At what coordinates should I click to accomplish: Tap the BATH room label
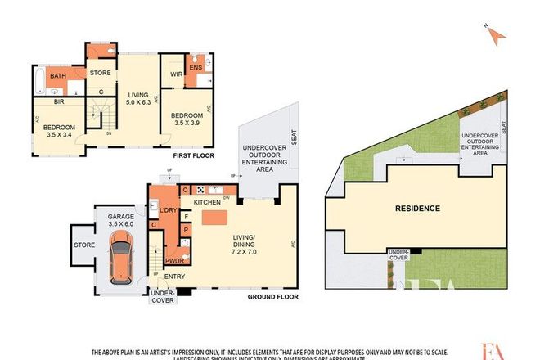click(x=58, y=76)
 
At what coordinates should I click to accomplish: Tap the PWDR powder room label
click(x=173, y=260)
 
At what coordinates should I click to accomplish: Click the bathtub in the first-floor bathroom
click(x=38, y=79)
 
